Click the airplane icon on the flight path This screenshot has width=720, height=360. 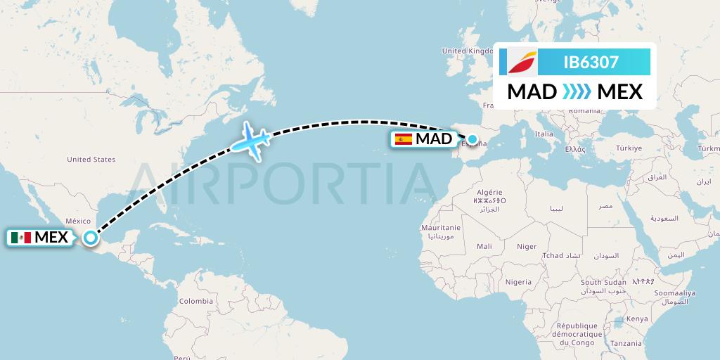click(251, 140)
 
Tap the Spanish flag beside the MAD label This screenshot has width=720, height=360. click(404, 139)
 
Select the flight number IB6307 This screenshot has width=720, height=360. click(591, 63)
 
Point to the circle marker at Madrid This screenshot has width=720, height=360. click(472, 139)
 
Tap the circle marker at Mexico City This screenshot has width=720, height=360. click(91, 238)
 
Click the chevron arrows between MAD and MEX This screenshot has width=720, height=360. click(577, 91)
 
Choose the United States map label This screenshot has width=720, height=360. click(91, 160)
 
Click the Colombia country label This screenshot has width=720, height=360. click(195, 300)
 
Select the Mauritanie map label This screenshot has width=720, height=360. click(440, 228)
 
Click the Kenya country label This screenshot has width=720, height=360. click(637, 319)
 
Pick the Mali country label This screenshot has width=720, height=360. click(484, 246)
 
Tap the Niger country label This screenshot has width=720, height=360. click(526, 246)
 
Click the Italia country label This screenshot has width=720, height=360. click(544, 134)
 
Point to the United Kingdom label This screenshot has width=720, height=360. click(468, 51)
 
